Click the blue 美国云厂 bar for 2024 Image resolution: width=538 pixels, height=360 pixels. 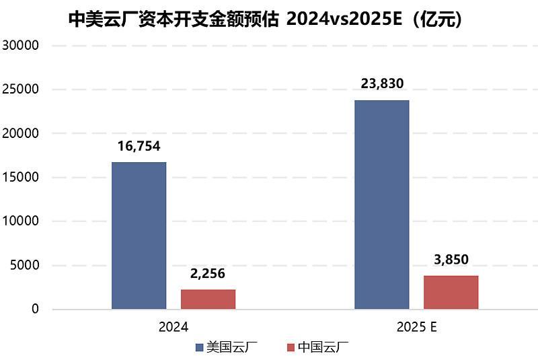click(139, 236)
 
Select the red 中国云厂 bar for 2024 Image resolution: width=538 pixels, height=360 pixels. click(208, 299)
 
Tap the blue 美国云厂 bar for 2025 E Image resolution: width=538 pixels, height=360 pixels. click(381, 205)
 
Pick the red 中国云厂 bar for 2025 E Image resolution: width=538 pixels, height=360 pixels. click(451, 292)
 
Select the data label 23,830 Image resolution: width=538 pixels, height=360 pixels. click(381, 85)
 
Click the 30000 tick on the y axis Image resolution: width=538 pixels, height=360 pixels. click(22, 46)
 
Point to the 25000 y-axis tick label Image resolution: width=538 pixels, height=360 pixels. click(22, 89)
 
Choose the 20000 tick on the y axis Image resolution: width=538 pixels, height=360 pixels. click(22, 134)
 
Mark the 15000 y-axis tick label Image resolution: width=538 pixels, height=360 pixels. click(22, 178)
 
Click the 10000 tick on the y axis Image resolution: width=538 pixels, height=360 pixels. click(22, 221)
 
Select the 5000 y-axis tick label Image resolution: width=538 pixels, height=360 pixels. click(25, 266)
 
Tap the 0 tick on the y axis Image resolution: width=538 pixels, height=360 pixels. click(36, 310)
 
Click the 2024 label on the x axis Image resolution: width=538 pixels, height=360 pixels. click(173, 327)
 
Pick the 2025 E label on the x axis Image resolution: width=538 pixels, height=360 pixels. click(416, 327)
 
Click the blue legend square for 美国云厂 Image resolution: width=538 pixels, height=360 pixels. click(199, 347)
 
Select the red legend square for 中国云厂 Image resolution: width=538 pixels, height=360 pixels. click(291, 347)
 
